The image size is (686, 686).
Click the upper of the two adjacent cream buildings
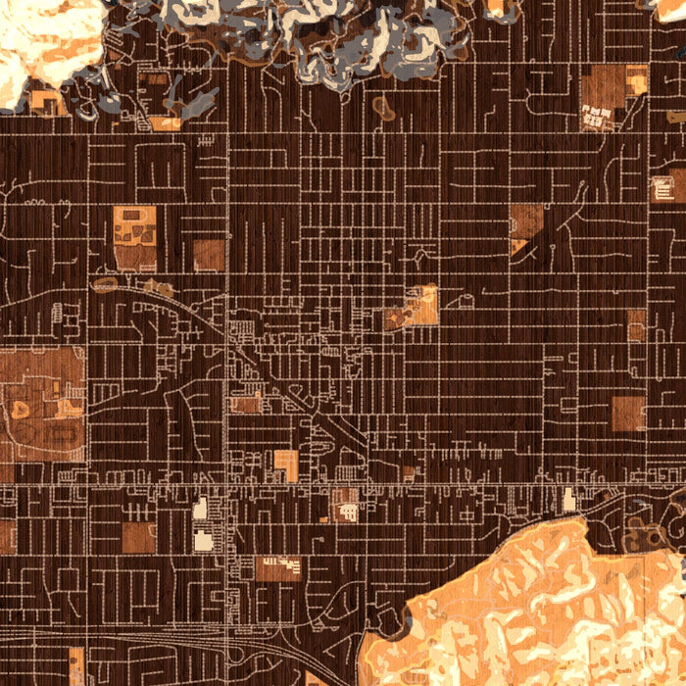coord(201,508)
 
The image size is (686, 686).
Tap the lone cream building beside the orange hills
coord(569,500)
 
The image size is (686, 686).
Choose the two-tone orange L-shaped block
coord(285,465)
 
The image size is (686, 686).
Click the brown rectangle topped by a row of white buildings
coord(278,568)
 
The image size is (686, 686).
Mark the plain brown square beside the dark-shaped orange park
coord(208,255)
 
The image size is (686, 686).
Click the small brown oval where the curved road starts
coord(105,285)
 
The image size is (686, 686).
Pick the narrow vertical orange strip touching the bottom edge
coord(76,666)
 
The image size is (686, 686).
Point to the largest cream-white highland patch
coord(44,39)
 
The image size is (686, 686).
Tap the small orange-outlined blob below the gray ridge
coord(383,108)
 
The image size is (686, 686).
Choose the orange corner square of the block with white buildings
coord(636,79)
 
